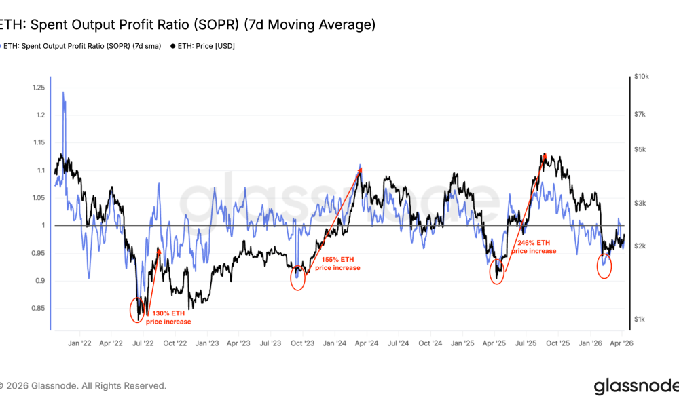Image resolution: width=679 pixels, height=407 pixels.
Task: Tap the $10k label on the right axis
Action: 641,77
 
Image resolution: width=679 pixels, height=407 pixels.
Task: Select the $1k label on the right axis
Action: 639,319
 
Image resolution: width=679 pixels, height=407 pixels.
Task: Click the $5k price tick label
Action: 639,149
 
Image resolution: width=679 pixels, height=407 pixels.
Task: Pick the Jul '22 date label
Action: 143,344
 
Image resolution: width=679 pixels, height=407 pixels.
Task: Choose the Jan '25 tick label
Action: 463,344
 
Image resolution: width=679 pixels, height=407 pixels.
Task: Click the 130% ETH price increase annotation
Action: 168,317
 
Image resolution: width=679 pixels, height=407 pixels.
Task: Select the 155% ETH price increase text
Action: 337,263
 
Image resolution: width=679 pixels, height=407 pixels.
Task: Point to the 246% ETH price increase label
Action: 534,246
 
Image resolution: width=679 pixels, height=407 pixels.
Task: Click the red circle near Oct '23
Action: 297,278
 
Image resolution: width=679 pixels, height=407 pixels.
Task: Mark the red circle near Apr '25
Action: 497,271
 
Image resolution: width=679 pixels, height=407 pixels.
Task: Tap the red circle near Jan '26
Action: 604,265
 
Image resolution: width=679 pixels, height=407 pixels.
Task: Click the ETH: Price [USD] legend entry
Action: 202,46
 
